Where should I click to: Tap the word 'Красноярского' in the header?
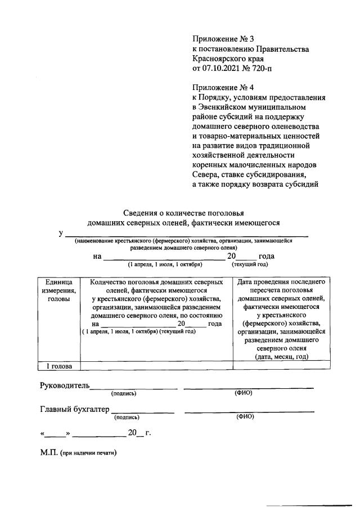pyautogui.click(x=219, y=59)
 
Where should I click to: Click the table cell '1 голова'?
pyautogui.click(x=59, y=366)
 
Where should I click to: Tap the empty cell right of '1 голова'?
pyautogui.click(x=156, y=366)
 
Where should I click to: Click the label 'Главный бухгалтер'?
pyautogui.click(x=75, y=409)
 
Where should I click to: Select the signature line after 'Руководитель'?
pyautogui.click(x=134, y=388)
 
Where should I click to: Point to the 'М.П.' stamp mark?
pyautogui.click(x=48, y=453)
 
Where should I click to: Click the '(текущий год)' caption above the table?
pyautogui.click(x=249, y=263)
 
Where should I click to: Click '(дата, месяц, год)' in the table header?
pyautogui.click(x=281, y=357)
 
